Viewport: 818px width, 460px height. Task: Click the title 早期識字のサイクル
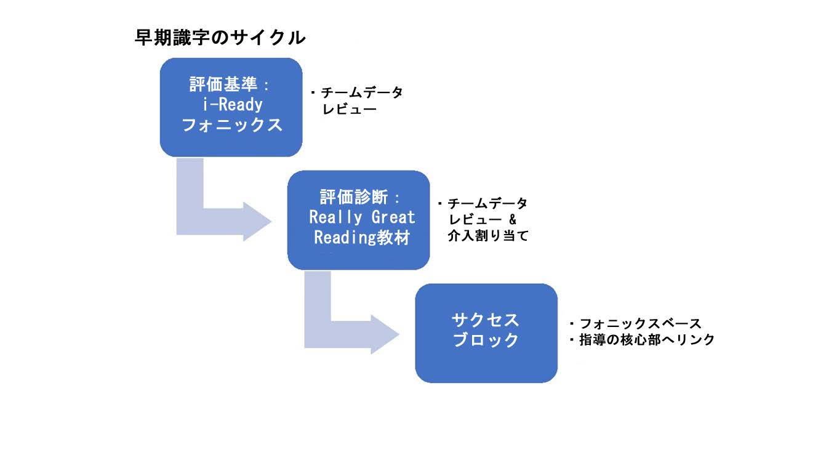[x=220, y=38]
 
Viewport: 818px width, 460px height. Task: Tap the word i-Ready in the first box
[x=233, y=105]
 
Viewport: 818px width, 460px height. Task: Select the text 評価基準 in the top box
[x=223, y=84]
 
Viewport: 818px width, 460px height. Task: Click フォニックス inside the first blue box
[x=232, y=125]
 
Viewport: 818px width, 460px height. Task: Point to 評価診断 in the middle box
[x=353, y=197]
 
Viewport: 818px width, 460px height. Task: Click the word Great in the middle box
[x=393, y=217]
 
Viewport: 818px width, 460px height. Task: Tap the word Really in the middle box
[x=335, y=217]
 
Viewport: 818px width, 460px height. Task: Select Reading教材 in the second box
[x=362, y=238]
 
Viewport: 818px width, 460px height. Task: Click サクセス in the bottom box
[x=486, y=320]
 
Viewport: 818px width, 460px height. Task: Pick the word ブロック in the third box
[x=486, y=340]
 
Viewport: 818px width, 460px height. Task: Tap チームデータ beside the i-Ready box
[x=361, y=93]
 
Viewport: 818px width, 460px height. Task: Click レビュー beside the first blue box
[x=349, y=109]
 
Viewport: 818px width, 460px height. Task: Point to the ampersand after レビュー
[x=513, y=219]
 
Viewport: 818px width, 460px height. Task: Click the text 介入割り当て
[x=488, y=236]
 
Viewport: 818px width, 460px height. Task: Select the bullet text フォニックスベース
[x=640, y=323]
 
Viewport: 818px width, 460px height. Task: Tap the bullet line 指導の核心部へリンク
[x=647, y=340]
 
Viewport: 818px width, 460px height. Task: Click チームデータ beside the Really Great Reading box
[x=487, y=203]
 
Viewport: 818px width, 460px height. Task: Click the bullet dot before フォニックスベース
[x=572, y=324]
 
